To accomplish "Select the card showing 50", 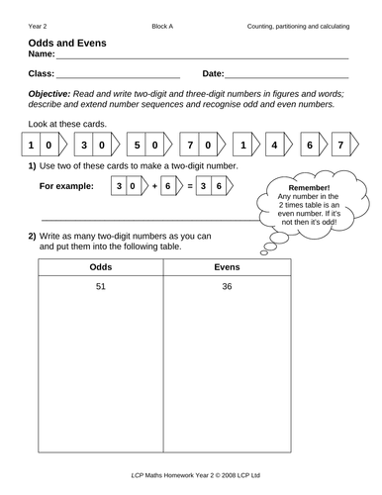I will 148,145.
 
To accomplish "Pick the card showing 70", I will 203,145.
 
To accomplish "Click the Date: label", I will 213,74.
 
